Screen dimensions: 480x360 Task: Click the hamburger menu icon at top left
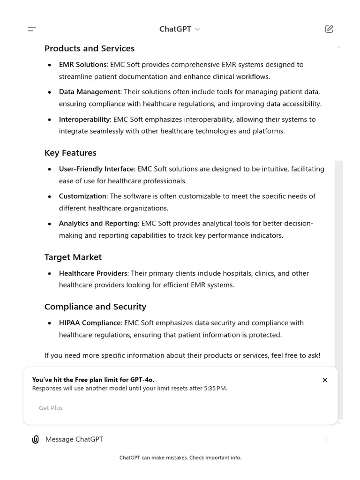pos(32,29)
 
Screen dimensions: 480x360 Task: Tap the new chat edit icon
pos(329,29)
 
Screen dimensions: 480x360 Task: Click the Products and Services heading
pos(89,48)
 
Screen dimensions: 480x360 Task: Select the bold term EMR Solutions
pos(82,65)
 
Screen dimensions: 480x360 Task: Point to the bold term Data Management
pos(89,92)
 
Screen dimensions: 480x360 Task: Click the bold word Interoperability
pos(84,120)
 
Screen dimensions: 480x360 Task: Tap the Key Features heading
pos(70,153)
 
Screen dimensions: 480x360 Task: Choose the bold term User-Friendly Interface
pos(97,169)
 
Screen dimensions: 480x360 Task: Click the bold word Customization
pos(82,196)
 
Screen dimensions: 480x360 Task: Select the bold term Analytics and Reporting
pos(98,224)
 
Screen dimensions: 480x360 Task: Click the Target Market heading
pos(73,257)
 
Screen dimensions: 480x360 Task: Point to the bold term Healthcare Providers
pos(93,273)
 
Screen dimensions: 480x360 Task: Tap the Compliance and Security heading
pos(95,307)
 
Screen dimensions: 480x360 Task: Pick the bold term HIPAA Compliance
pos(90,323)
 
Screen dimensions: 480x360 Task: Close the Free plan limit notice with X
pos(325,380)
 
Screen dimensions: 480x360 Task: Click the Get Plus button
pos(51,408)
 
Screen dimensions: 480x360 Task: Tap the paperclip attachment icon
pos(35,439)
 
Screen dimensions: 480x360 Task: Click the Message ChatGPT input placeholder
pos(74,439)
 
